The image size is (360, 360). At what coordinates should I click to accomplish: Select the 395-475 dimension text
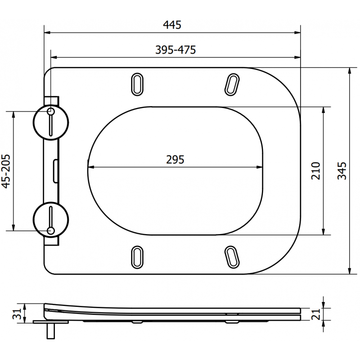[175, 50]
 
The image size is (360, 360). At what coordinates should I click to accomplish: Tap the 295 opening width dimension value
[175, 160]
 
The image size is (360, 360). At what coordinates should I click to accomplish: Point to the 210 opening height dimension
[315, 171]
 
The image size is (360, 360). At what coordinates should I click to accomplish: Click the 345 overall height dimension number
[342, 171]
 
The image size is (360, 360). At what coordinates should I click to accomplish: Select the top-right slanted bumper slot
[232, 83]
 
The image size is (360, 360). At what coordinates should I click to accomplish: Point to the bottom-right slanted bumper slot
[232, 256]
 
